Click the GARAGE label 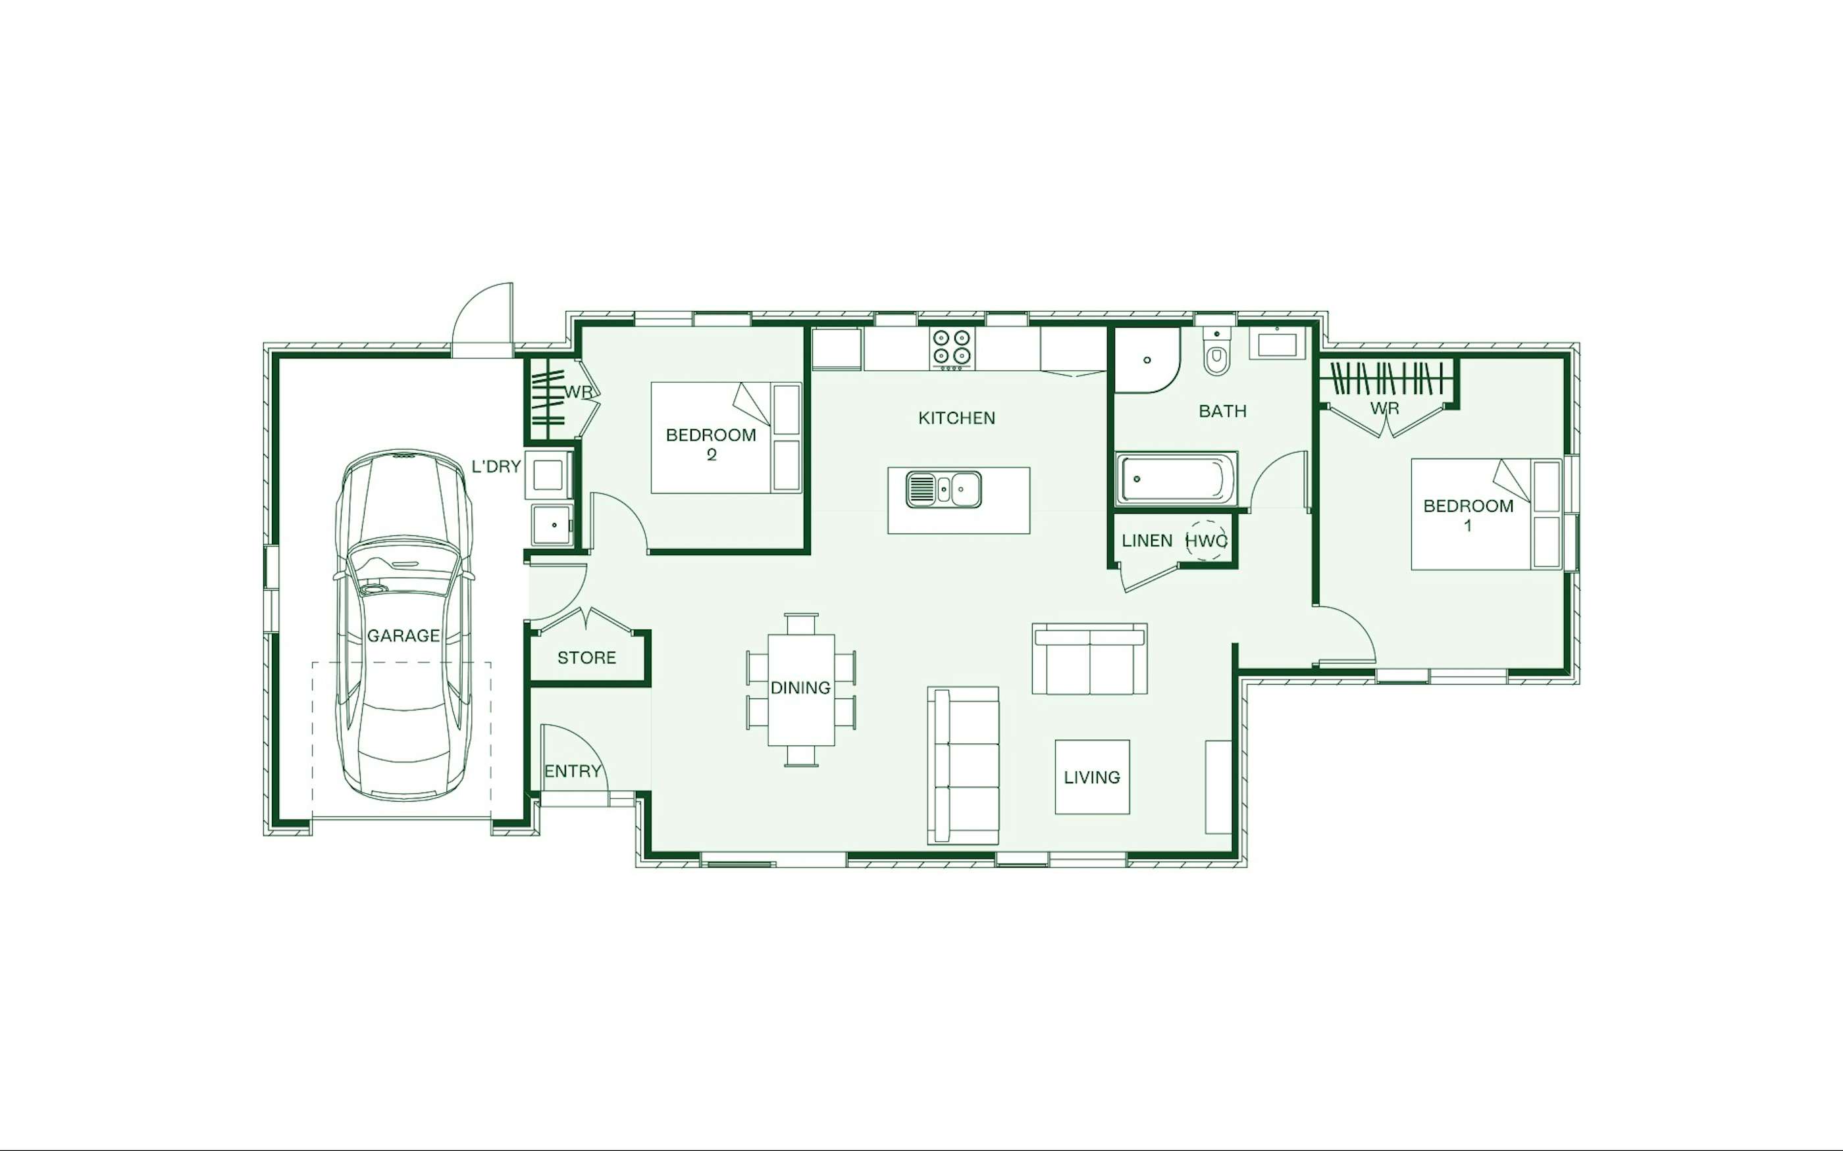[x=403, y=635]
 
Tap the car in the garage [x=403, y=624]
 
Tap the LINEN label [x=1147, y=541]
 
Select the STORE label [x=586, y=658]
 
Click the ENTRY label [x=573, y=771]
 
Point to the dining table [x=800, y=690]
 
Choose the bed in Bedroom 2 [x=727, y=438]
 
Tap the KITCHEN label [x=956, y=418]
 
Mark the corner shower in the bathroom [x=1147, y=360]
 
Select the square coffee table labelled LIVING [x=1092, y=777]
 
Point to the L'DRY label [x=496, y=466]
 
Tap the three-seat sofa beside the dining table [x=962, y=766]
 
